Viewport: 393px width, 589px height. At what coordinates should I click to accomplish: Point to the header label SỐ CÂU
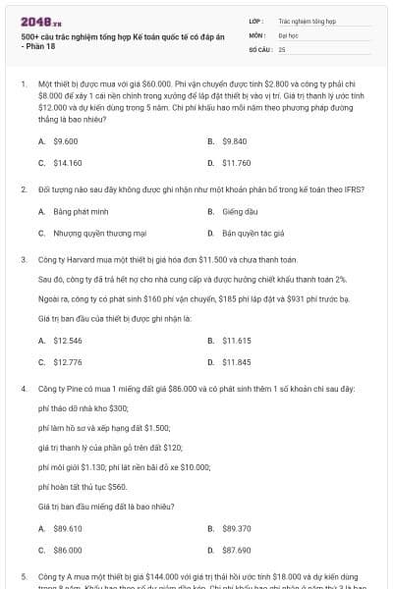point(259,47)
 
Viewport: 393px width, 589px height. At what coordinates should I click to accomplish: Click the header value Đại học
point(288,33)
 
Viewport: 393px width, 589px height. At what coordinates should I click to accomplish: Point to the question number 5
point(24,576)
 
